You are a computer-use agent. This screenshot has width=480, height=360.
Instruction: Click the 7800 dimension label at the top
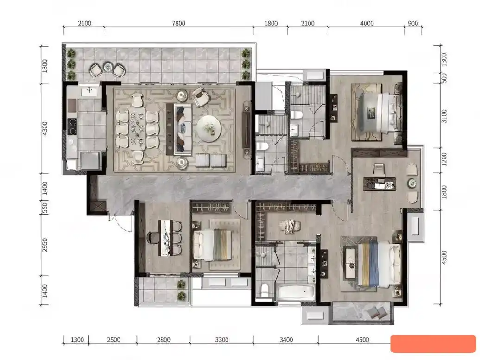point(178,24)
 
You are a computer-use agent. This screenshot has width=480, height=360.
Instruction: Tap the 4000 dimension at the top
point(367,24)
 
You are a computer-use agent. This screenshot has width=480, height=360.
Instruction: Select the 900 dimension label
point(413,24)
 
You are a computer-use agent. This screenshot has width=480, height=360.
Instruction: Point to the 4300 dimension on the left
point(44,129)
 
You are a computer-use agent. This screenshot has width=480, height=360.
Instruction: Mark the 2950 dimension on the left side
point(44,245)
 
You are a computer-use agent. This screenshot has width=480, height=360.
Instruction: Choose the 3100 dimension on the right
point(444,116)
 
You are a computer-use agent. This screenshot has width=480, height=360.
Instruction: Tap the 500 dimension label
point(444,78)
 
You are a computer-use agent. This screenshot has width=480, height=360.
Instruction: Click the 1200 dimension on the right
point(444,159)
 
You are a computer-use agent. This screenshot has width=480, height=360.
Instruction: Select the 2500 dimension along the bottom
point(113,340)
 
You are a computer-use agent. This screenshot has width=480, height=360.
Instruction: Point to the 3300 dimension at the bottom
point(221,340)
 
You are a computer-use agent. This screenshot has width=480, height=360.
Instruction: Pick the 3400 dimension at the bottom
point(286,340)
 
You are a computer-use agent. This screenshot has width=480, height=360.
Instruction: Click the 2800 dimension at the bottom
point(164,340)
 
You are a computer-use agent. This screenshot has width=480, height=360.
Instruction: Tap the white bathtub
point(296,293)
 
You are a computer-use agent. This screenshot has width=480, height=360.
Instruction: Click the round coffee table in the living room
point(209,128)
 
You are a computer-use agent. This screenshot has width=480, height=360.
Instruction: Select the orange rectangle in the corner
point(433,343)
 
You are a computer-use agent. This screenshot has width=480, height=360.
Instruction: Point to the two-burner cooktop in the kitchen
point(72,127)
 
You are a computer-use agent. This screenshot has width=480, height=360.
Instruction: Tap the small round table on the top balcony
point(108,67)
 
